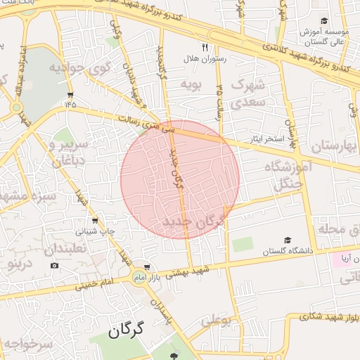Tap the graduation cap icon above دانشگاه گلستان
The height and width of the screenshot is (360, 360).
287,240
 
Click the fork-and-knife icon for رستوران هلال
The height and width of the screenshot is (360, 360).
205,48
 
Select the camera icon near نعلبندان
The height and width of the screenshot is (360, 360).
55,266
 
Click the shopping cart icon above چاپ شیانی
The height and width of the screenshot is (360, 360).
105,219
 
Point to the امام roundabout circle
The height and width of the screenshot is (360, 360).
138,279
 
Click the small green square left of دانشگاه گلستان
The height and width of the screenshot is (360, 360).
243,245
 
